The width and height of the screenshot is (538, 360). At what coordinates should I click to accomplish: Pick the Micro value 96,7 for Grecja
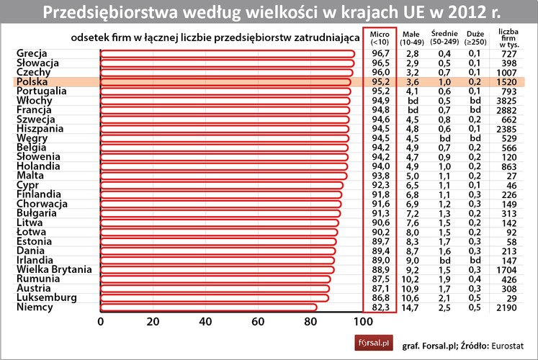coord(380,54)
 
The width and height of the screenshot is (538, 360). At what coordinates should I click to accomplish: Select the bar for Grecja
coord(227,54)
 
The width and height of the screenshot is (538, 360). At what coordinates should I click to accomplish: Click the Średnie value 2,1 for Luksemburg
coord(446,298)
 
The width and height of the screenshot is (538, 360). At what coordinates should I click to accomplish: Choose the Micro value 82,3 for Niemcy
coord(380,308)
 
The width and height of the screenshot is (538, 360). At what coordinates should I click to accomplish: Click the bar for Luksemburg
coord(214,298)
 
